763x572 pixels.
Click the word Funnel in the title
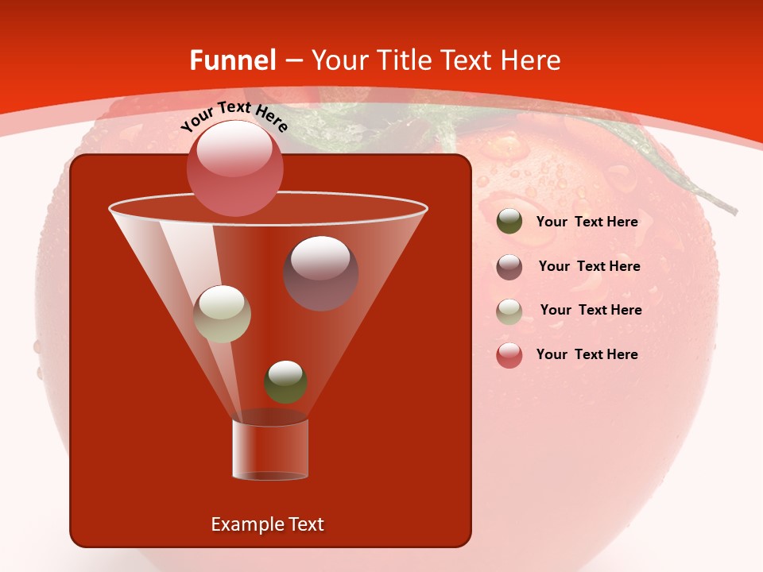tap(232, 60)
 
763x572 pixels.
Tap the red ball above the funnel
tap(234, 168)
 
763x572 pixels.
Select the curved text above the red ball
tap(234, 116)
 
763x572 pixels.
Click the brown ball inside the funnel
tap(321, 273)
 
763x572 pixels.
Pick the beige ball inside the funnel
tap(222, 314)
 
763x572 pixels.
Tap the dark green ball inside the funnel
tap(285, 382)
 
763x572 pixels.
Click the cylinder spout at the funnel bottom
tap(269, 450)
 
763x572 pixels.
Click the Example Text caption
tap(268, 524)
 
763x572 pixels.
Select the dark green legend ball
tap(509, 222)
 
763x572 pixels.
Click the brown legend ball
tap(509, 266)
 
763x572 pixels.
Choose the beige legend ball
tap(509, 311)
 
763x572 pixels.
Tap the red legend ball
tap(509, 355)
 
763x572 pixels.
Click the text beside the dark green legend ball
tap(587, 222)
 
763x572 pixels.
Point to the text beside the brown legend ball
tap(589, 266)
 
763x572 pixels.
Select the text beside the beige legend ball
tap(591, 310)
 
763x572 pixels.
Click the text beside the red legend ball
tap(587, 354)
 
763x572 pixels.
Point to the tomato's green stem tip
tap(730, 210)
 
